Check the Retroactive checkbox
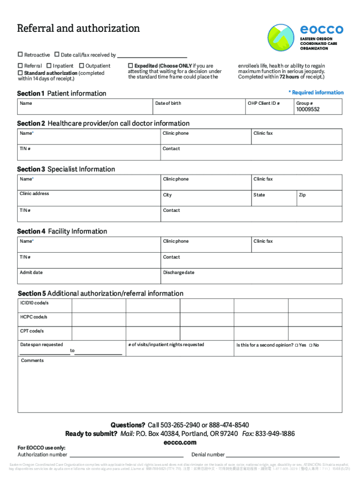[20, 55]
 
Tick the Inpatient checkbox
[48, 66]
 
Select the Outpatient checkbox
[82, 66]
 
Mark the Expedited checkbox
[131, 66]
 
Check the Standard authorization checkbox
[20, 73]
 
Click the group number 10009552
[308, 109]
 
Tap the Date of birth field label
[168, 103]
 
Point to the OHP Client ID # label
[264, 103]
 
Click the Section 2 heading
[103, 123]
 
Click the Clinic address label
[34, 194]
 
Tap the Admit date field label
[31, 272]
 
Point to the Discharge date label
[179, 273]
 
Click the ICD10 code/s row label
[34, 303]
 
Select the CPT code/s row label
[32, 331]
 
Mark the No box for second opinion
[310, 345]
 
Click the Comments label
[32, 361]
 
